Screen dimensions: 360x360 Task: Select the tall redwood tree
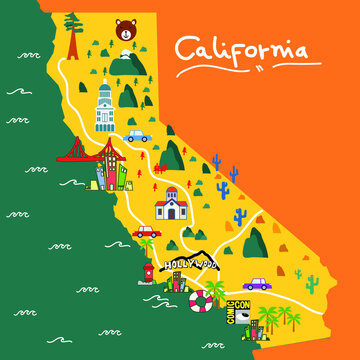coord(73,37)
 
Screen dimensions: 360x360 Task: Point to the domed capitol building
coord(105,108)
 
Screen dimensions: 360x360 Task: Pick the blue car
coord(138,135)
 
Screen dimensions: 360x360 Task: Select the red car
coord(146,231)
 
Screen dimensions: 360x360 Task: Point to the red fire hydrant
coord(148,271)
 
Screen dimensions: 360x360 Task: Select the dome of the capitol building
coord(105,91)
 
